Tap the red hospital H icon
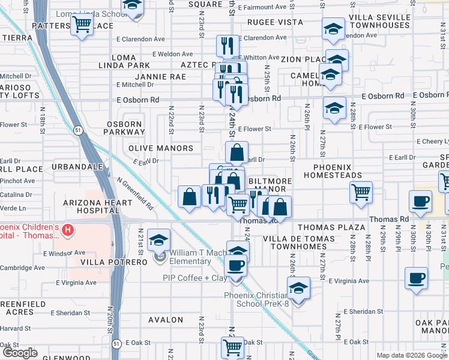click(68, 229)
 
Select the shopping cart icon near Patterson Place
click(81, 25)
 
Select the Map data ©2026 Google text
click(411, 355)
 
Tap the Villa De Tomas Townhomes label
click(295, 242)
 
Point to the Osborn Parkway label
click(124, 128)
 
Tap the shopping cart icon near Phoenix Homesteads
click(361, 192)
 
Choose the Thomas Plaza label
click(331, 227)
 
